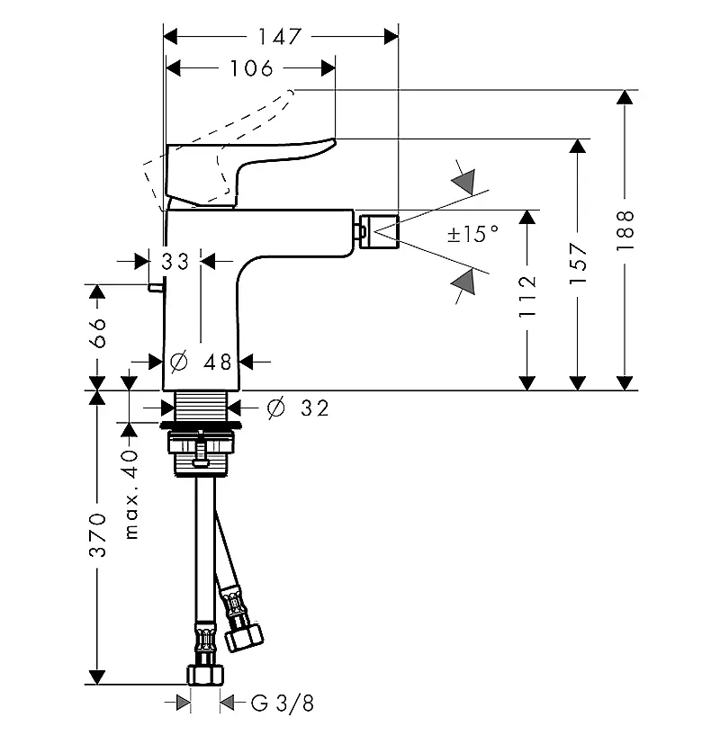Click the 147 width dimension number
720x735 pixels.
click(280, 37)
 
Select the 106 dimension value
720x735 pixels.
click(251, 68)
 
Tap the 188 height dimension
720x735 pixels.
click(625, 230)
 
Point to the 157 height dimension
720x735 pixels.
click(578, 264)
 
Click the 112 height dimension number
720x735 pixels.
click(527, 297)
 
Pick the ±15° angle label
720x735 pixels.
click(472, 233)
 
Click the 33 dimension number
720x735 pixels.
click(175, 262)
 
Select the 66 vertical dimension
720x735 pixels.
click(97, 333)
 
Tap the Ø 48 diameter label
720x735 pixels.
click(201, 362)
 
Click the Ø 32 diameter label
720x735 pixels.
click(298, 408)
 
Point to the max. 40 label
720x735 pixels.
click(131, 495)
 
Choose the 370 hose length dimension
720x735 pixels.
click(97, 535)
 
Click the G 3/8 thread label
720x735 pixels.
click(283, 704)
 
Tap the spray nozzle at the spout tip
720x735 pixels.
click(379, 231)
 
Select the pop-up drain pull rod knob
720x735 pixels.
click(156, 288)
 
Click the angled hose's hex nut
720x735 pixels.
click(244, 637)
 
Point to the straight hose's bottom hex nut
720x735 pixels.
click(205, 675)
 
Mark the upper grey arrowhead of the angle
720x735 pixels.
click(463, 182)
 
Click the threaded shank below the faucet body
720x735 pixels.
click(201, 406)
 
